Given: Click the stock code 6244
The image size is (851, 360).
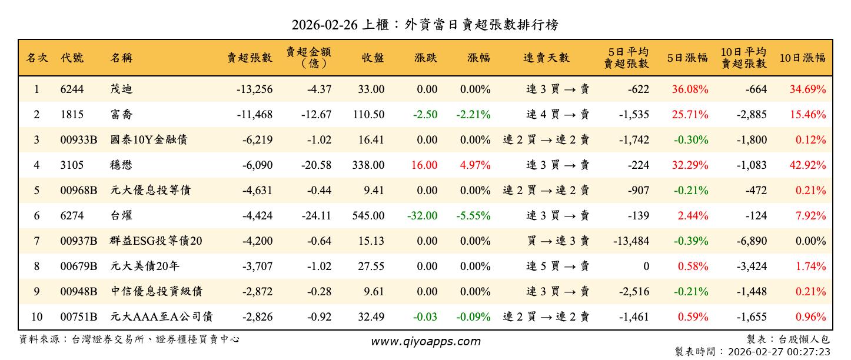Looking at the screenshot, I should tap(72, 89).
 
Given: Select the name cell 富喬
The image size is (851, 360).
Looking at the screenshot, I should tap(121, 115).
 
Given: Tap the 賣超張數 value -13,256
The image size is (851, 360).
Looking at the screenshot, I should tap(254, 89).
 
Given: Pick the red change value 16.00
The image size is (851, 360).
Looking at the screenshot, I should tap(424, 165).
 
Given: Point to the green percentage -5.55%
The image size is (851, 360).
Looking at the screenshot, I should tap(473, 216).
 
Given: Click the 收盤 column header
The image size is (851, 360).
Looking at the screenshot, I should tap(373, 58).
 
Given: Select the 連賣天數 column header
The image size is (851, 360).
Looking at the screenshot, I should tap(546, 58).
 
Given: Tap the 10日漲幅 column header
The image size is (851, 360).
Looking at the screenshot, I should tap(802, 58).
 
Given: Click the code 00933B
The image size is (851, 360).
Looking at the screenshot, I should tap(78, 140).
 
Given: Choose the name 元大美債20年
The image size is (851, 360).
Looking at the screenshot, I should tap(145, 266).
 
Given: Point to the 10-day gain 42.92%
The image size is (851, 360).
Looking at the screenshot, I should tap(807, 165).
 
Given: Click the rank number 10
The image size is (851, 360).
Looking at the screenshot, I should tap(36, 317).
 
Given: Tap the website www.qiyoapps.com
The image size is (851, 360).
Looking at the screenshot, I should tap(425, 341).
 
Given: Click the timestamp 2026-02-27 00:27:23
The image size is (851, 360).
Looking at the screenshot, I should tap(779, 352).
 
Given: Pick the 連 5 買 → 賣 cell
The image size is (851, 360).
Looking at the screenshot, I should tap(557, 266).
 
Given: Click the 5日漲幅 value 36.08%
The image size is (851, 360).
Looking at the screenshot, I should tap(690, 89).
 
